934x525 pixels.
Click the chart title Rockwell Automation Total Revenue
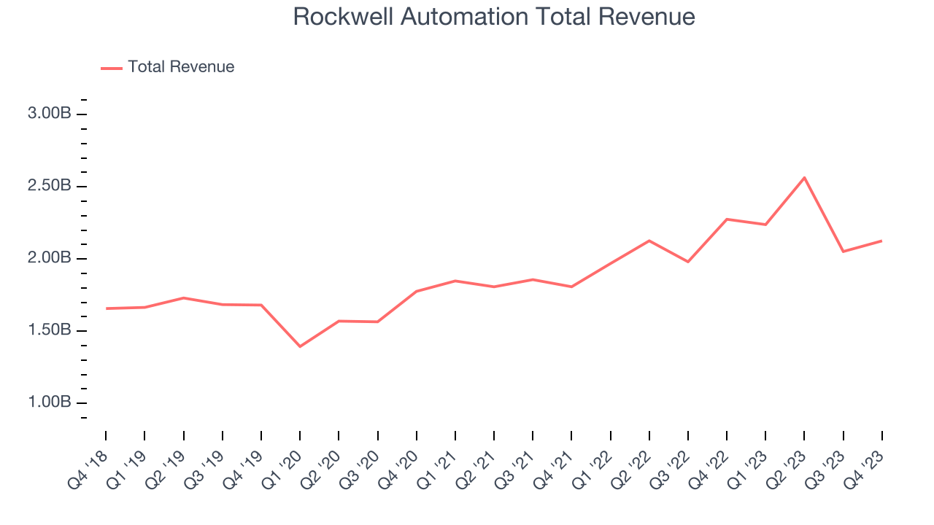[x=493, y=17]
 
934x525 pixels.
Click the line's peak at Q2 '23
[x=804, y=178]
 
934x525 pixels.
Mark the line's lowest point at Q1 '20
[x=300, y=346]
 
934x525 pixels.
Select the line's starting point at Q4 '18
[x=106, y=308]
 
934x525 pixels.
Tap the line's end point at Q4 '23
[x=881, y=241]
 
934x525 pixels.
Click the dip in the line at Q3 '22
[x=688, y=262]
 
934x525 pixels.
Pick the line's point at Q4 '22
[x=727, y=219]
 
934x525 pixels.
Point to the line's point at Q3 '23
[x=843, y=252]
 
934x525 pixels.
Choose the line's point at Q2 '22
[x=649, y=241]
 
